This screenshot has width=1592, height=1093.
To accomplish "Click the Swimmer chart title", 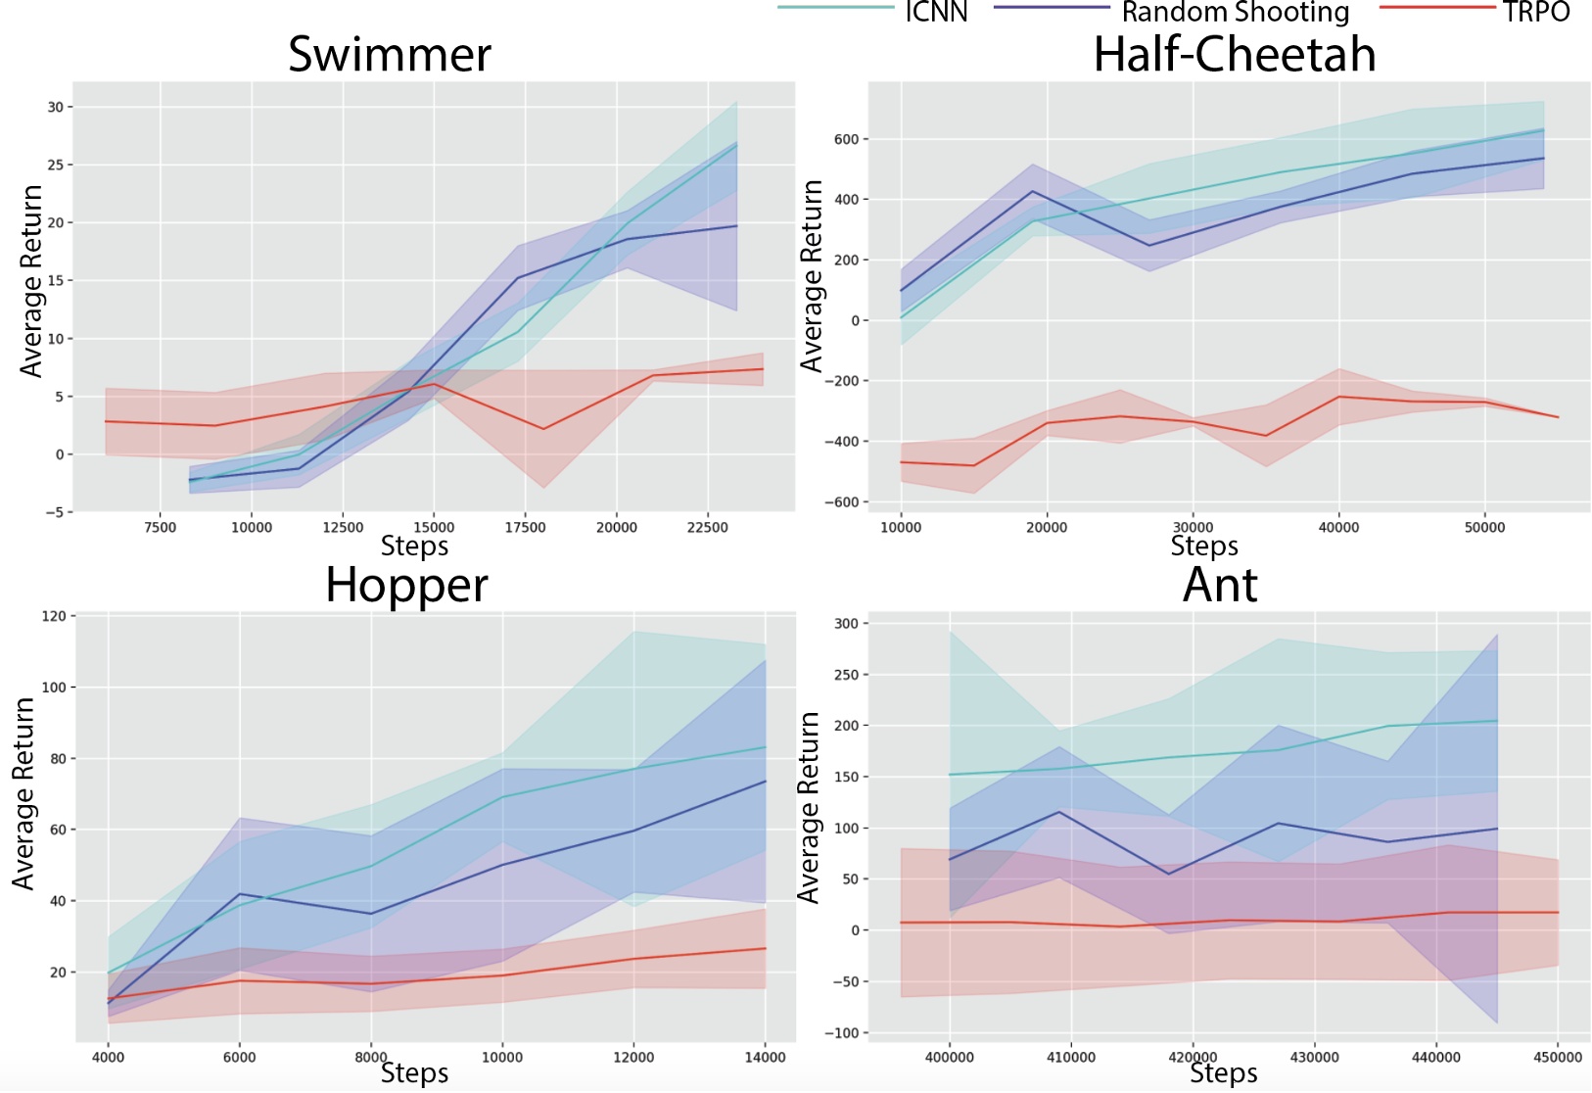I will point(390,55).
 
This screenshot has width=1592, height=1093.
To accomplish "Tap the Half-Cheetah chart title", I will point(1234,55).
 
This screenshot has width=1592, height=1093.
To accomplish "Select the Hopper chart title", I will point(406,586).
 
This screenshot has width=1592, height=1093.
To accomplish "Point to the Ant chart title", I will point(1220,586).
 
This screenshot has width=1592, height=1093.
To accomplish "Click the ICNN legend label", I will point(936,12).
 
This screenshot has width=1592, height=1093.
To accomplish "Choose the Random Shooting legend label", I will point(1235,12).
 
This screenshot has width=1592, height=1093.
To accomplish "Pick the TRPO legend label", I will point(1536,12).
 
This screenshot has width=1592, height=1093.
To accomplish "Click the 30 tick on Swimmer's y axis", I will point(55,107).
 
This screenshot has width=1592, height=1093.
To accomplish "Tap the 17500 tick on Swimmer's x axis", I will point(525,527).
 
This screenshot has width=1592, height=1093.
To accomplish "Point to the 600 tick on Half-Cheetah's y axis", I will point(847,139).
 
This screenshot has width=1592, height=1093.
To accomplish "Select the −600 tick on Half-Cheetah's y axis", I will point(841,502).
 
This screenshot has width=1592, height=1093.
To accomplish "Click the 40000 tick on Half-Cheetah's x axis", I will point(1338,527).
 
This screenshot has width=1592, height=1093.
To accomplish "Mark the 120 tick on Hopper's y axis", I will point(54,616).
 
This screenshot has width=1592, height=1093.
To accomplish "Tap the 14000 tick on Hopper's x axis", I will point(765,1057).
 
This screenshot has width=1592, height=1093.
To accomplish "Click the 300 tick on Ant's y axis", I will point(846,624).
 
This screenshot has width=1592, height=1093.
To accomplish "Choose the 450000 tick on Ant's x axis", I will point(1557,1057).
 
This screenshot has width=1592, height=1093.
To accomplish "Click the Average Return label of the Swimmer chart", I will point(31,281).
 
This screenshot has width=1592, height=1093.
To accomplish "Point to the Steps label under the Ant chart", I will point(1223,1073).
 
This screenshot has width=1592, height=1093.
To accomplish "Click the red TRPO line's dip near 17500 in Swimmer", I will point(543,429).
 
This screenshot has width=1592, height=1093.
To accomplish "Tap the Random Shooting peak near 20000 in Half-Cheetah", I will point(1032,191).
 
